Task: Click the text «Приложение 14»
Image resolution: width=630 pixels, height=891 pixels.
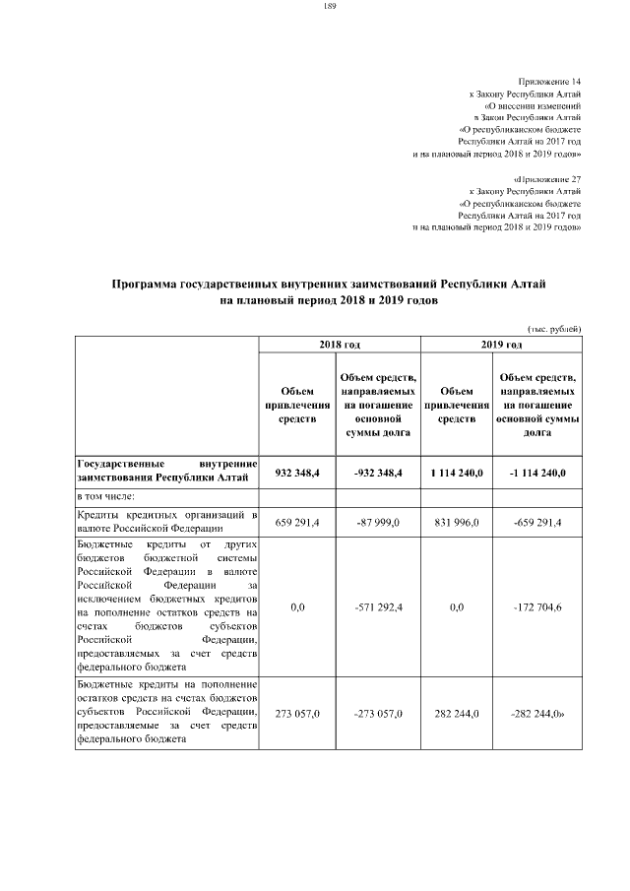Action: click(x=549, y=80)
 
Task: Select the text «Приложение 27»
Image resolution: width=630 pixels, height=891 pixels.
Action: click(x=547, y=179)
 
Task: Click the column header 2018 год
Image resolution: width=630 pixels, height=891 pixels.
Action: click(x=340, y=344)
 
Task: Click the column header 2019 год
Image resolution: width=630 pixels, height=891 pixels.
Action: click(x=501, y=344)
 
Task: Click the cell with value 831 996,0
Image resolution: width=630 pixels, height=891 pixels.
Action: click(x=456, y=522)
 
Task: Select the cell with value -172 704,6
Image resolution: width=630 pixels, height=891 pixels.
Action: click(x=537, y=608)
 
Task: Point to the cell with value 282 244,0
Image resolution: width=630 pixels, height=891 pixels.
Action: click(x=456, y=713)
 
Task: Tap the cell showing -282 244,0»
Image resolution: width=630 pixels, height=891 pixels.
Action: click(x=538, y=713)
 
